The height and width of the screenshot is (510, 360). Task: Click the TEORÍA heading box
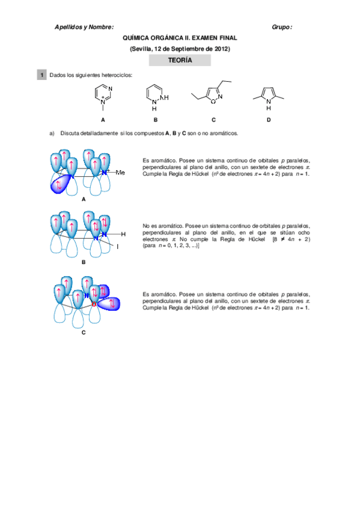pyautogui.click(x=180, y=60)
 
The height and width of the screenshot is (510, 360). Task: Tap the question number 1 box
pyautogui.click(x=41, y=75)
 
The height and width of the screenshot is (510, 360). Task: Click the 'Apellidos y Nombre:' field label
pyautogui.click(x=84, y=27)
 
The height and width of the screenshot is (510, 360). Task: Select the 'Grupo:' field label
pyautogui.click(x=282, y=27)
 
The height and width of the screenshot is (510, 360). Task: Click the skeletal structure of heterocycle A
pyautogui.click(x=103, y=96)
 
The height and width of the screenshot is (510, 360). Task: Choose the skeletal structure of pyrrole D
pyautogui.click(x=268, y=96)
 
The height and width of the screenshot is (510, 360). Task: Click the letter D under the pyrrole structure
pyautogui.click(x=269, y=120)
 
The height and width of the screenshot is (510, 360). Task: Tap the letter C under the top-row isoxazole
pyautogui.click(x=213, y=120)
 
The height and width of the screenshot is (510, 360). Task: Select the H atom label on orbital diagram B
pyautogui.click(x=123, y=233)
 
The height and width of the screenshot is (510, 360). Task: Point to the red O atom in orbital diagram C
pyautogui.click(x=94, y=304)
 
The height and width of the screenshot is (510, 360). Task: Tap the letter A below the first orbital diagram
pyautogui.click(x=84, y=198)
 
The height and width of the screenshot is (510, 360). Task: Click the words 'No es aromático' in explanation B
pyautogui.click(x=160, y=225)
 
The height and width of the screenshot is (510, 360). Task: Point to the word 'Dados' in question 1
pyautogui.click(x=58, y=75)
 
